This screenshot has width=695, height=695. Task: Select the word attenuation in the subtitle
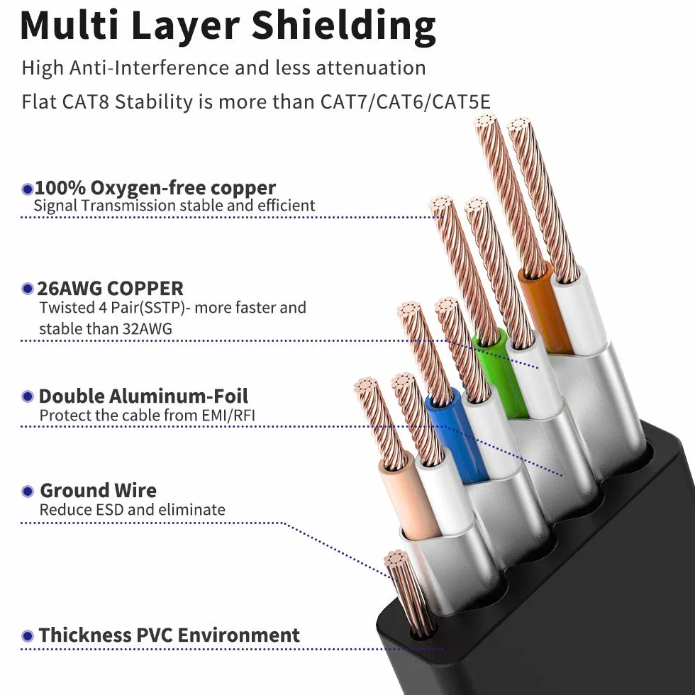371,68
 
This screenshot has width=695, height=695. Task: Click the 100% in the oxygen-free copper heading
60,188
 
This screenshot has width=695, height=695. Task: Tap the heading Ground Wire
98,491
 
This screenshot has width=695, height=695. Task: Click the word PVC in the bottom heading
155,635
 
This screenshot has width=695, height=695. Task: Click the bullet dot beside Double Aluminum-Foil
28,396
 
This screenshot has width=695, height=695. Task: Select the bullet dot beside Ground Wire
28,491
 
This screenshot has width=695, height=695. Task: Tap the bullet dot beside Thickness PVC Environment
28,636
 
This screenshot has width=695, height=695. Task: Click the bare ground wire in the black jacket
408,591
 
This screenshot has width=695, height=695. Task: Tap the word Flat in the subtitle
39,102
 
